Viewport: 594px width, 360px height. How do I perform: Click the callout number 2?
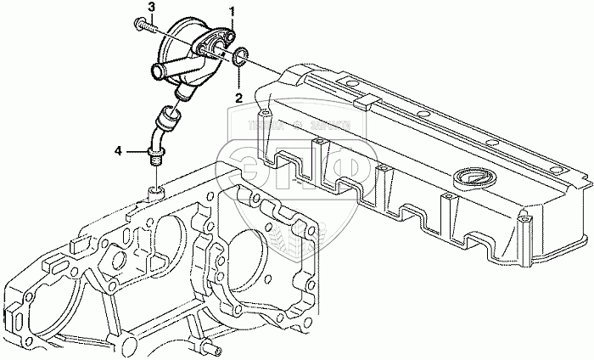pyautogui.click(x=239, y=96)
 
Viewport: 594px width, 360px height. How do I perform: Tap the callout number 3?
pyautogui.click(x=151, y=8)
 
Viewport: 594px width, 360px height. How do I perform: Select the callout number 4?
pyautogui.click(x=118, y=151)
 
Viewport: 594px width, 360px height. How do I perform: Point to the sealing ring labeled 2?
pyautogui.click(x=241, y=58)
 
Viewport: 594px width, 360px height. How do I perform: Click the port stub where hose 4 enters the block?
pyautogui.click(x=156, y=188)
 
